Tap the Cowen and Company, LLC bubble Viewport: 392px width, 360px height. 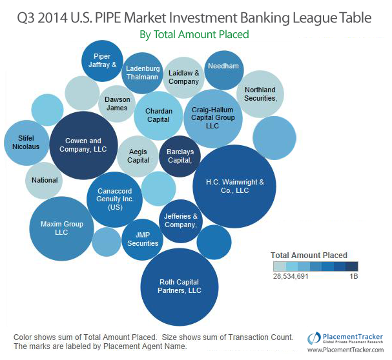coord(84,145)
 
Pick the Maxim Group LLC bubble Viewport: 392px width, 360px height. coord(62,228)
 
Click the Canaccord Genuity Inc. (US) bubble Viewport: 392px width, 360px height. coord(114,199)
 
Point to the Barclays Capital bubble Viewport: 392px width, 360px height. coord(180,156)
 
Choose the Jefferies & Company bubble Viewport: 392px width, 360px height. coord(181,221)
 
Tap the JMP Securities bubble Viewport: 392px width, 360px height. coord(143,239)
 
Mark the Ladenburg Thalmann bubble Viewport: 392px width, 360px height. coord(142,73)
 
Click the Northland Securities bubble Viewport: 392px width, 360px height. coord(260,94)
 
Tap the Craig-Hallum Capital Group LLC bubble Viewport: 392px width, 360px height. coord(212,117)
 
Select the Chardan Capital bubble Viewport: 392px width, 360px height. coord(158,115)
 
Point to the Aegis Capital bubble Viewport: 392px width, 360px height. coord(138,155)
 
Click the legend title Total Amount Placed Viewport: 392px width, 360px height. coord(309,255)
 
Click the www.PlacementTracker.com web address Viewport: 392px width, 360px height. coord(346,350)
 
